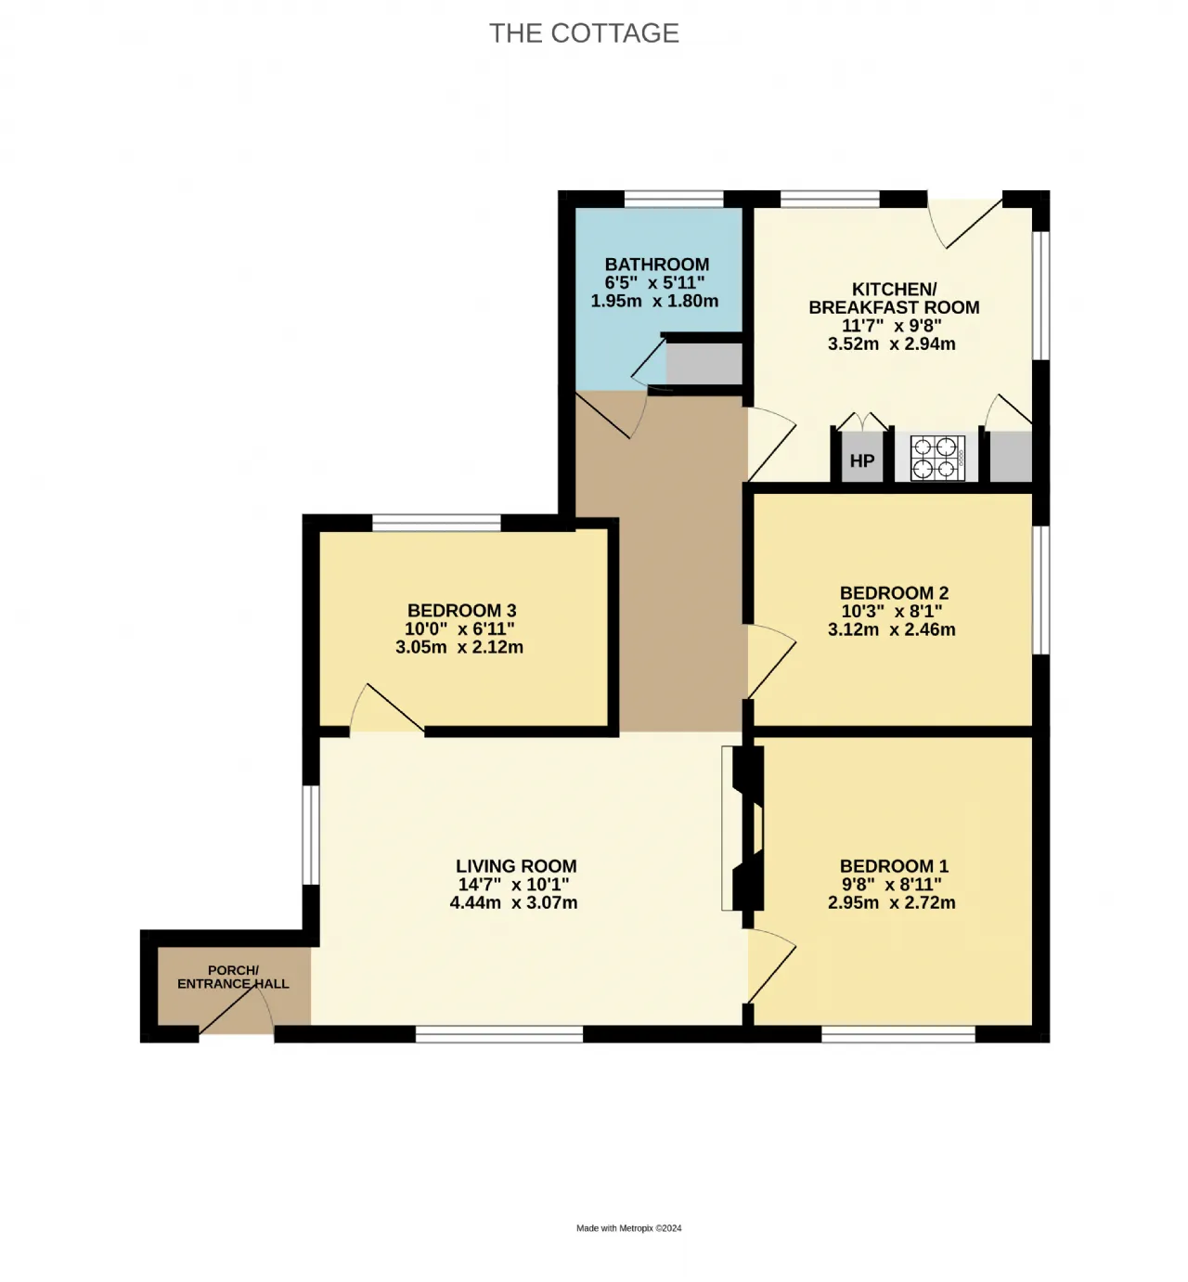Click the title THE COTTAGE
coord(584,32)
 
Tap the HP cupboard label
coord(862,460)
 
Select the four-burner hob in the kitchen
coord(937,459)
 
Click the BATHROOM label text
coord(656,265)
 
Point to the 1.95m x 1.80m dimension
coord(654,301)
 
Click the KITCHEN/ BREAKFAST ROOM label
coord(894,298)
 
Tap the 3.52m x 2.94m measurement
coord(892,344)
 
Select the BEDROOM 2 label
coord(894,592)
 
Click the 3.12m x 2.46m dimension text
coord(892,629)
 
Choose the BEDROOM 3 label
coord(461,611)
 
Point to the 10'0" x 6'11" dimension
coord(459,628)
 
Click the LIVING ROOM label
coord(516,866)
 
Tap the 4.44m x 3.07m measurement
coord(514,903)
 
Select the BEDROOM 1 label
coord(894,866)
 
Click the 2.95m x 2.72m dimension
coord(892,903)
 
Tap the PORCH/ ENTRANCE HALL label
coord(233,978)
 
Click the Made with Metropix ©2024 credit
coord(629,1228)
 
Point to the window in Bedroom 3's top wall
coord(436,522)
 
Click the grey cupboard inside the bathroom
coord(704,364)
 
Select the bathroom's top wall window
coord(674,199)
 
